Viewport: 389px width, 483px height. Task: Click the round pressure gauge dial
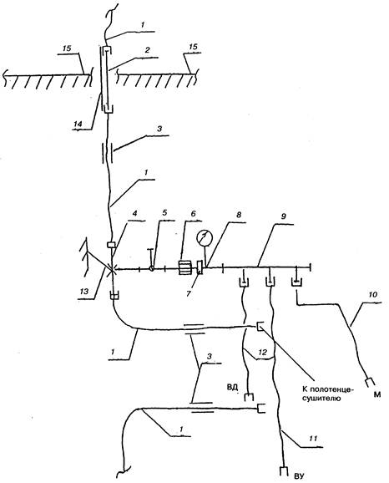(x=205, y=238)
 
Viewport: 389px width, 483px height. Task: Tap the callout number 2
(x=148, y=50)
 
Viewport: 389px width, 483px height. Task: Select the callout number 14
(x=78, y=124)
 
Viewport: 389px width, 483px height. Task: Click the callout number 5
(x=164, y=213)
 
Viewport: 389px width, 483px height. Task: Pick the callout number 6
(x=194, y=213)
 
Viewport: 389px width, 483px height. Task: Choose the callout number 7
(x=189, y=293)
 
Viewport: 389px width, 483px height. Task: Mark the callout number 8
(x=239, y=214)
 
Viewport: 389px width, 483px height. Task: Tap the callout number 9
(x=284, y=216)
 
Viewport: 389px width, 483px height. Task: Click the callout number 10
(x=372, y=295)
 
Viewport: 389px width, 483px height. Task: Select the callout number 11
(x=313, y=439)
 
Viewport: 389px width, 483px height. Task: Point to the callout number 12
(x=262, y=352)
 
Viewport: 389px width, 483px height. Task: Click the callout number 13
(x=84, y=291)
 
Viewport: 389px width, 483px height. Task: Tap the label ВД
(x=233, y=387)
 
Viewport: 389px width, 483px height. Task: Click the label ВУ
(x=299, y=477)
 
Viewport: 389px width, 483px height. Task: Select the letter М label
(x=377, y=394)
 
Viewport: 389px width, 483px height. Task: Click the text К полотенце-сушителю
(x=327, y=394)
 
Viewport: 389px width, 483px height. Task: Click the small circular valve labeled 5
(x=151, y=268)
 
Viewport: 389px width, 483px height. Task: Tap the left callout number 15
(x=67, y=48)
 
